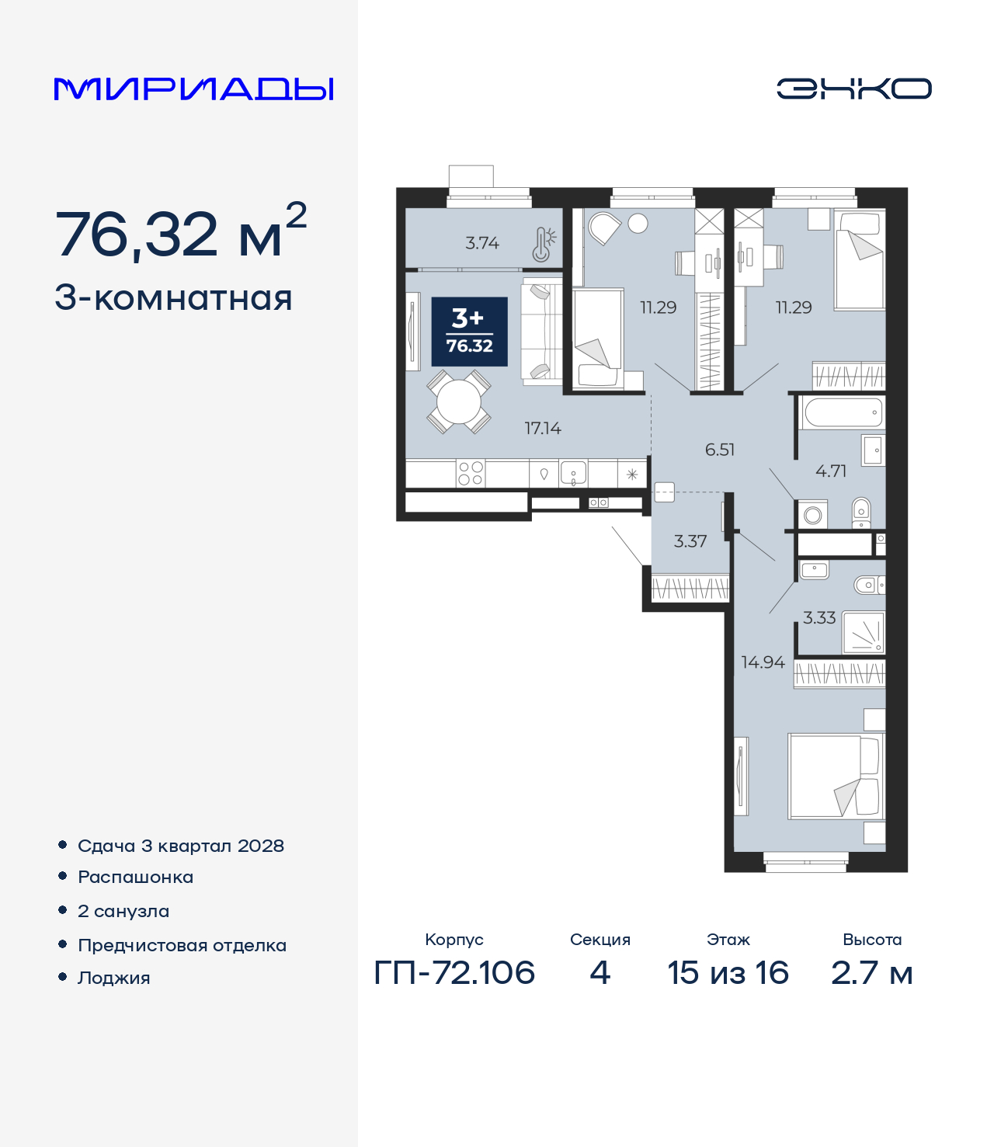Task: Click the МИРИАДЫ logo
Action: (194, 89)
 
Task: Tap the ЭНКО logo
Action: (853, 89)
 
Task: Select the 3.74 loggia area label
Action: (482, 243)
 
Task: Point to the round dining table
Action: (459, 401)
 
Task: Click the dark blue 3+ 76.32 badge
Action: (469, 332)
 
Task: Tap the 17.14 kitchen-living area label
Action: (543, 428)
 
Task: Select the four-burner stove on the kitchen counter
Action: (470, 473)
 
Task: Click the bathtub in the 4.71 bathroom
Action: (843, 412)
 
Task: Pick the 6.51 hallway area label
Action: (720, 450)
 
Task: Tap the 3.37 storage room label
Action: (690, 541)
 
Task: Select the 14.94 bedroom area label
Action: (763, 662)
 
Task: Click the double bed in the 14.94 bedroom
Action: (836, 776)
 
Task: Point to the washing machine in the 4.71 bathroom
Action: (813, 514)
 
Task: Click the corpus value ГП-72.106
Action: (454, 973)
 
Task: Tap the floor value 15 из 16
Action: (728, 973)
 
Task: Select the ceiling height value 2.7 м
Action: (871, 973)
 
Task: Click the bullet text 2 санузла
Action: (123, 911)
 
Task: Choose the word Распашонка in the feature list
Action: (135, 878)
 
